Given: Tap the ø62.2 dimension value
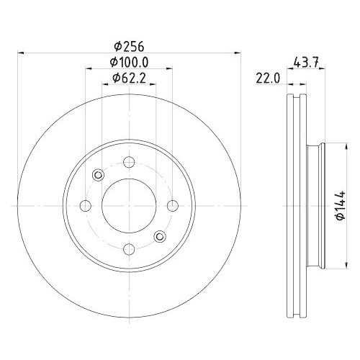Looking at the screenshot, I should click(x=128, y=79).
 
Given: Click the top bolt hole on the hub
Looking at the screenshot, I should click(x=129, y=162).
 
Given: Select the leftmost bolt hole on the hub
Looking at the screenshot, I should click(x=86, y=206).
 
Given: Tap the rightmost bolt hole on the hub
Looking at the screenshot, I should click(x=172, y=206).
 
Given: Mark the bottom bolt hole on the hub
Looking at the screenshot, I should click(x=129, y=249).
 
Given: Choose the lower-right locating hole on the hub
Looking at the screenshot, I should click(x=159, y=235).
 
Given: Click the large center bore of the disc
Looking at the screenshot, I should click(x=129, y=206).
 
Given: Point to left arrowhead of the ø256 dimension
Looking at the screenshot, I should click(x=19, y=53).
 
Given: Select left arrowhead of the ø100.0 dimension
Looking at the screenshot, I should click(x=88, y=70).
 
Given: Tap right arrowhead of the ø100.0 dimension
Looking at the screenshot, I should click(x=170, y=70).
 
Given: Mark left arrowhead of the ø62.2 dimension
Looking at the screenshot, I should click(x=104, y=86).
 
